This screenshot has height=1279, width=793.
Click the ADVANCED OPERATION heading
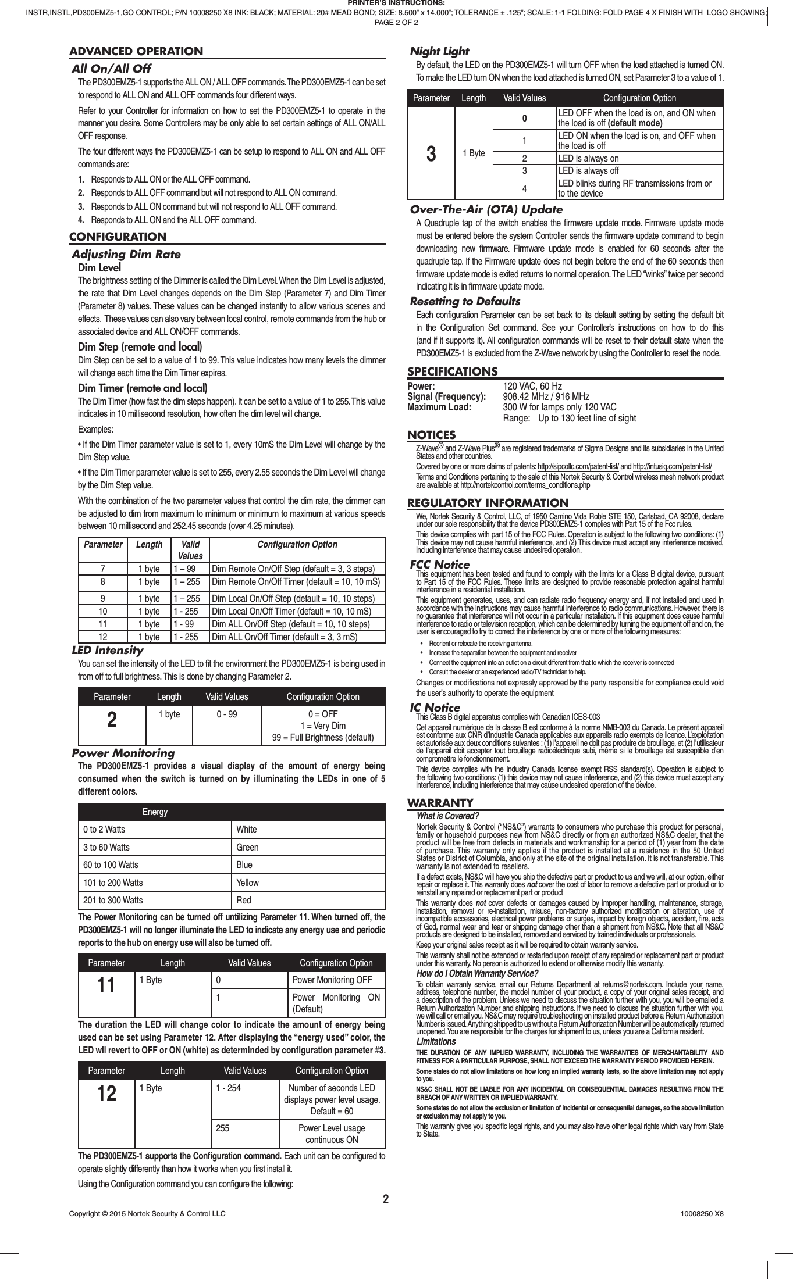(x=136, y=51)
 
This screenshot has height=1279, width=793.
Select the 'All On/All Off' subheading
(x=111, y=69)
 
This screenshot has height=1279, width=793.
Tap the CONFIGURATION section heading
(x=118, y=237)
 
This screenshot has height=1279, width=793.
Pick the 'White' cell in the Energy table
(x=247, y=829)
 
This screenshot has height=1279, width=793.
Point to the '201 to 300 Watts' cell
(x=113, y=900)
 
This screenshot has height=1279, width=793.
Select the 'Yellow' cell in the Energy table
(x=248, y=883)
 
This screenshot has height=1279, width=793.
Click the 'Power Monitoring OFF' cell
(x=332, y=980)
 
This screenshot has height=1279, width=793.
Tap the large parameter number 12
(x=106, y=1094)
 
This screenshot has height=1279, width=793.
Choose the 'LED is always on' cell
(x=588, y=159)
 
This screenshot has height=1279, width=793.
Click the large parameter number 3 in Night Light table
(x=431, y=154)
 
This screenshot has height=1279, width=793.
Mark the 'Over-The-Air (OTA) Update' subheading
(x=486, y=209)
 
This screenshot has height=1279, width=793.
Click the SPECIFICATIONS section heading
(x=453, y=371)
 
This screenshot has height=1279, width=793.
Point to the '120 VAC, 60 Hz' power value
(x=532, y=387)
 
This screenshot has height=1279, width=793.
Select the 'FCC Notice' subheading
(x=440, y=565)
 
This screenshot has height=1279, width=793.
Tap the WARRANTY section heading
(x=440, y=803)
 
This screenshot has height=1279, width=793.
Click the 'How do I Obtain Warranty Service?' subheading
(x=477, y=973)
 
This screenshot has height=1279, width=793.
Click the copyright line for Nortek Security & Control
(x=147, y=1214)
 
